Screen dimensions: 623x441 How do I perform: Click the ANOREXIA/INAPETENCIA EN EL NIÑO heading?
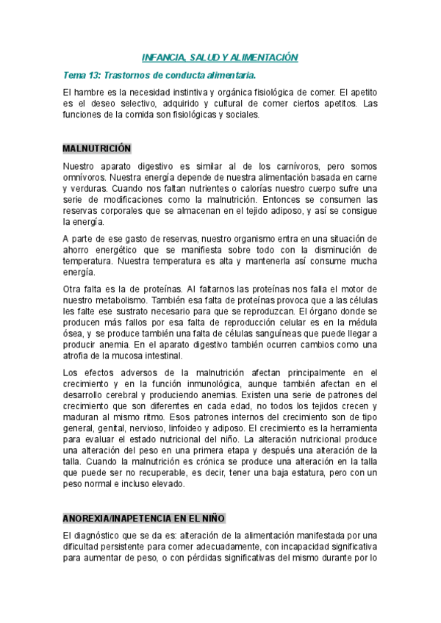pos(144,518)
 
